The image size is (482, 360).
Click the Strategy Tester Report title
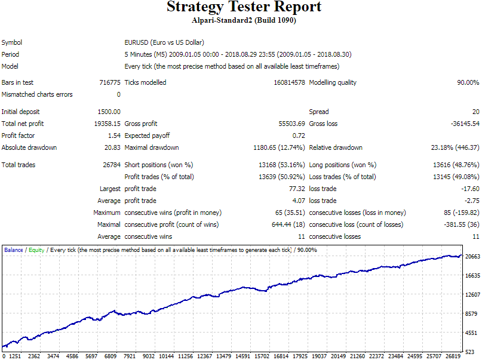[244, 7]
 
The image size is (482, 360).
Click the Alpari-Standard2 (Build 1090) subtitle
[244, 20]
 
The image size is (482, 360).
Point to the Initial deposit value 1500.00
[109, 112]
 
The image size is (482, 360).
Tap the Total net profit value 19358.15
[107, 124]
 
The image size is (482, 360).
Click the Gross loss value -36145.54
[465, 124]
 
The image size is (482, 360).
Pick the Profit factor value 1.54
[114, 136]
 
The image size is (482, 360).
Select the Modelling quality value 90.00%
[468, 82]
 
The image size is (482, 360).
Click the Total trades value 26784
[112, 165]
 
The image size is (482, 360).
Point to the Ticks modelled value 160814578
[289, 82]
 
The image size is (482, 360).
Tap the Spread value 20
[476, 112]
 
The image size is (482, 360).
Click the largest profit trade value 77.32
[297, 189]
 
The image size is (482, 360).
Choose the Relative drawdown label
[336, 147]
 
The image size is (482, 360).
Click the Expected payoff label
[147, 136]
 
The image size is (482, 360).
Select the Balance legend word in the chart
[14, 250]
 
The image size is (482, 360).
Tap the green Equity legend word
[36, 250]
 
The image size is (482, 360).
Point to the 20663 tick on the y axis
[472, 257]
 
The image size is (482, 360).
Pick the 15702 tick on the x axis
[262, 356]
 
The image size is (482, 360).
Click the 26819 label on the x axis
[453, 356]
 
